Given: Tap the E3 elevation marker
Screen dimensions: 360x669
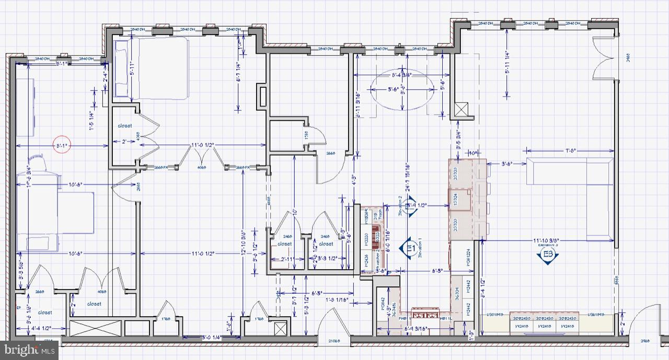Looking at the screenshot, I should point(548,255).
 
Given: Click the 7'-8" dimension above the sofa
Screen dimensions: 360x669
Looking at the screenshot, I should point(571,152).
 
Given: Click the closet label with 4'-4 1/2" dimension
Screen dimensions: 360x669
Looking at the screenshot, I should point(44,312).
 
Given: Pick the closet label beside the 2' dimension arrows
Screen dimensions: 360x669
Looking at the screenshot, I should point(124,126).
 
